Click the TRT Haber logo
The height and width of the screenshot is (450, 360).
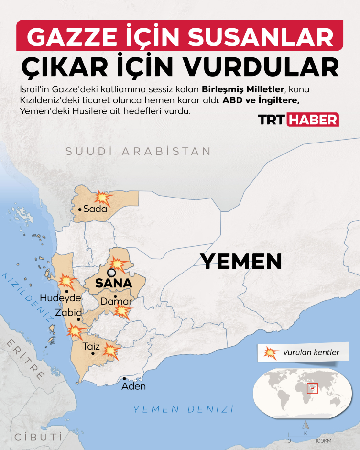coord(299,120)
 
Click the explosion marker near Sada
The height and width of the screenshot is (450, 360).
coord(102,197)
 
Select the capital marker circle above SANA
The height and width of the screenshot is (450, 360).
coord(111,273)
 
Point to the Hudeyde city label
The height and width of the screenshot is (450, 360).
coord(60,298)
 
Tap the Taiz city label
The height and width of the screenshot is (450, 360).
coord(91,347)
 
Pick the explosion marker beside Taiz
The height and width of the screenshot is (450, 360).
coord(111,351)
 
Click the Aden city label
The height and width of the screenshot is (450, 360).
coord(134,386)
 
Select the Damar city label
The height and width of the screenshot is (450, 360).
coord(116,302)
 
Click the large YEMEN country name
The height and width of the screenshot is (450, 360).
coord(240,262)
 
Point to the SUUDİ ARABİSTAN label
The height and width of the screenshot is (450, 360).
coord(138,151)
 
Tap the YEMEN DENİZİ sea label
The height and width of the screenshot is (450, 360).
coord(183,409)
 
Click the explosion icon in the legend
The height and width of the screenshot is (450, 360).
coord(271,353)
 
